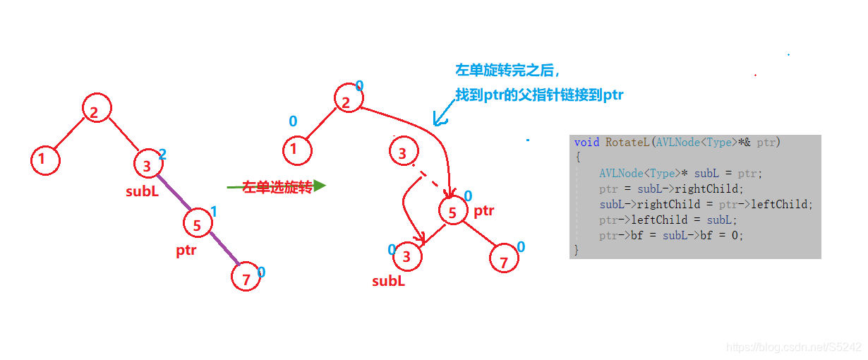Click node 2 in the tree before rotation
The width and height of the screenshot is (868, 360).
(97, 109)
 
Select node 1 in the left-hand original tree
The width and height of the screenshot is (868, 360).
(45, 160)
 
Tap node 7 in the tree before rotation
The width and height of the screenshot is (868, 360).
(246, 279)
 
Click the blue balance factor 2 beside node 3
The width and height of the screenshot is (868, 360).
(162, 154)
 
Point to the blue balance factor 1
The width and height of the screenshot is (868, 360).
(214, 212)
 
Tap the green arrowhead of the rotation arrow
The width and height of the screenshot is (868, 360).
(320, 186)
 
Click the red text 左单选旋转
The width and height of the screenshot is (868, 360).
(277, 187)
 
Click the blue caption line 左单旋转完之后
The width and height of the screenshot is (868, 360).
(507, 71)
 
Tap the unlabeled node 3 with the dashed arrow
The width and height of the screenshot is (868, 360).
(403, 152)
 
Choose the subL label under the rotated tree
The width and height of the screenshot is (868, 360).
(388, 281)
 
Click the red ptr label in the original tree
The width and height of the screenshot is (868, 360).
(186, 250)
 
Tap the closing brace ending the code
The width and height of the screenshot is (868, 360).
(577, 250)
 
